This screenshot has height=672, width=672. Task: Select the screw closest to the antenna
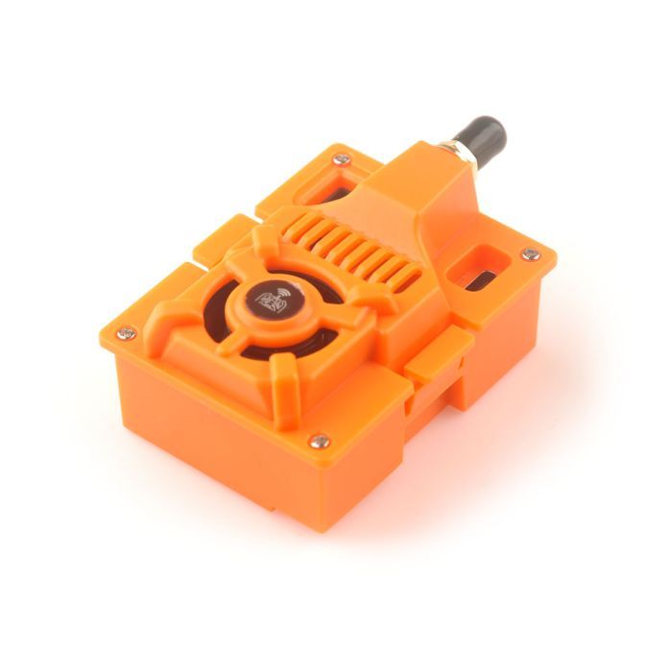pyautogui.click(x=340, y=159)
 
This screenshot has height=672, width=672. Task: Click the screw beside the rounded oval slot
pyautogui.click(x=530, y=254)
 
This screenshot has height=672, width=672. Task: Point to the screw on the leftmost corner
pyautogui.click(x=126, y=333)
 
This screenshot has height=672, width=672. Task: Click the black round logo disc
pyautogui.click(x=276, y=302)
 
